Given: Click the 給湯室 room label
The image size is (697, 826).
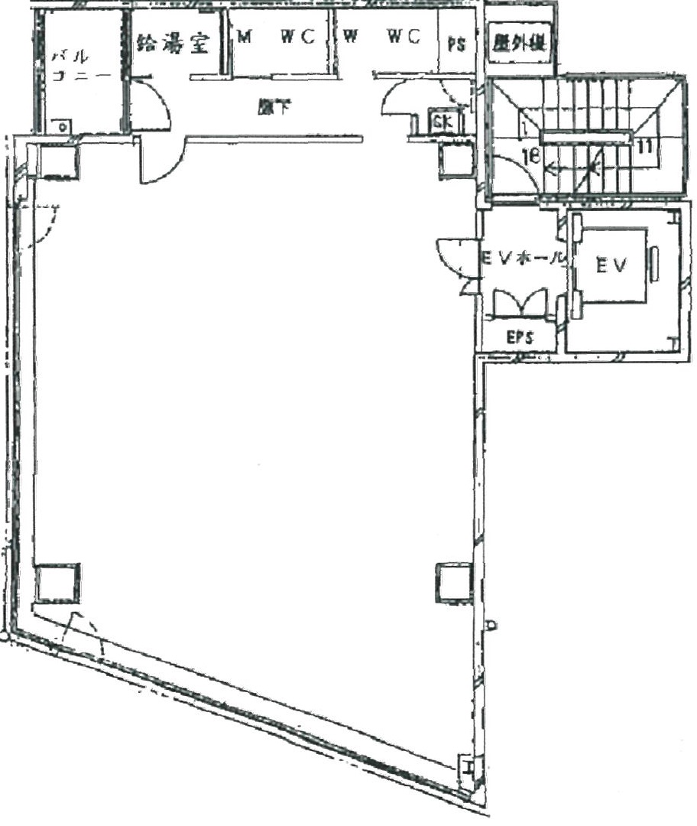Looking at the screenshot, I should point(173,43).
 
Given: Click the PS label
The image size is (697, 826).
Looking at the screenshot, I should point(455,44).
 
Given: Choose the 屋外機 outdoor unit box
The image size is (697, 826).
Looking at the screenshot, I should point(519,43).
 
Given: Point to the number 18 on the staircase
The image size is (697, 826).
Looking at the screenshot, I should point(533,155).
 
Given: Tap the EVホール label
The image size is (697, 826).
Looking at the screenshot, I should point(522,259).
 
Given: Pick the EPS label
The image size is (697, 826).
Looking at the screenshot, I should point(520,337).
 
